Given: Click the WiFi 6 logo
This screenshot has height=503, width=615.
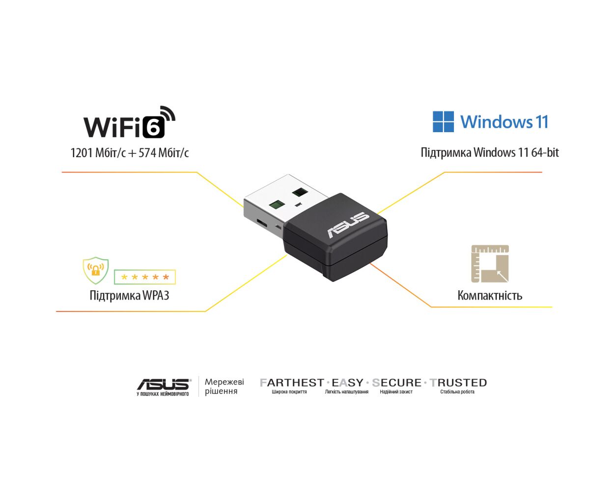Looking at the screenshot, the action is click(x=129, y=122).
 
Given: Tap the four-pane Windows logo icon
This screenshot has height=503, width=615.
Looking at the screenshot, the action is click(x=443, y=121).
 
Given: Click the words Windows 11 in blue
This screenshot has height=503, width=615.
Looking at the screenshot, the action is click(x=504, y=122).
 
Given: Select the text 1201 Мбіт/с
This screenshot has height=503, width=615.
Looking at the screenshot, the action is click(x=98, y=153).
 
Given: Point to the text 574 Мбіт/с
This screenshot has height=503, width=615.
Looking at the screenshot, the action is click(x=163, y=153).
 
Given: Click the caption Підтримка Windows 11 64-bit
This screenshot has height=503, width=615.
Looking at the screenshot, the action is click(x=490, y=152).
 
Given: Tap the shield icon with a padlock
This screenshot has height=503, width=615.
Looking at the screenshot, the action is click(x=96, y=270).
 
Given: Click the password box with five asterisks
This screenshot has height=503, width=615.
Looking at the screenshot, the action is click(x=144, y=277).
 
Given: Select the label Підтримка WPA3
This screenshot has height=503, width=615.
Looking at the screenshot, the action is click(x=129, y=295).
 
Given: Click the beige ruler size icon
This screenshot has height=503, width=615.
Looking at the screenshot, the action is click(x=490, y=264).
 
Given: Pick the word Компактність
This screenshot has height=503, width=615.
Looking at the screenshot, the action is click(x=490, y=295).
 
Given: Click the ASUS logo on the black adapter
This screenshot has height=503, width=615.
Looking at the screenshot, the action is click(x=348, y=225).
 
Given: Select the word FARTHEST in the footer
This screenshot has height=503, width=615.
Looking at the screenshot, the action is click(x=292, y=383).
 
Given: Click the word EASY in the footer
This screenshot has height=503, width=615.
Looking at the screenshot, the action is click(x=347, y=383).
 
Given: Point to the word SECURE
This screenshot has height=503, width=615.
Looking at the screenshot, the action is click(x=396, y=383).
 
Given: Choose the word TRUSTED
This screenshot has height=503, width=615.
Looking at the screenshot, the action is click(x=458, y=383).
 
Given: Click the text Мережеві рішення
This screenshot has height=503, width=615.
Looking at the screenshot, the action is click(x=224, y=387).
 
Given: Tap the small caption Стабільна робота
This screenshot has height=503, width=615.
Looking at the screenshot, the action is click(x=457, y=391).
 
